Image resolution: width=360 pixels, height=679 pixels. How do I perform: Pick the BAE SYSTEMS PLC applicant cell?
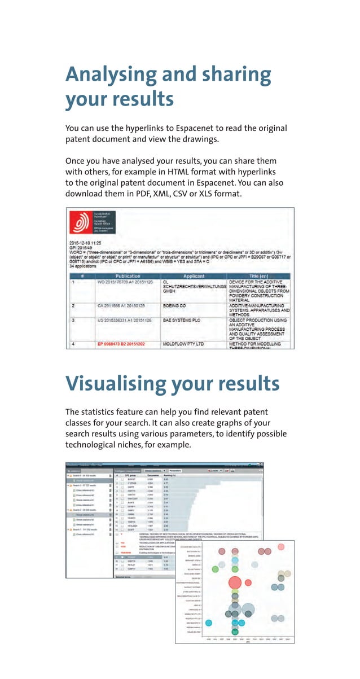pyautogui.click(x=183, y=320)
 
